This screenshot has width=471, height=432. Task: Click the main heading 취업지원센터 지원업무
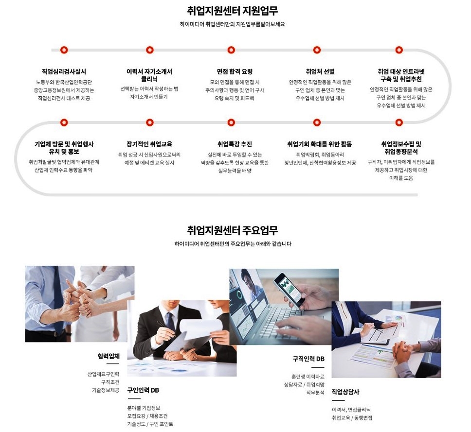(x=232, y=11)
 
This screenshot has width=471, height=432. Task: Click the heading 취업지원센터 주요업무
(x=232, y=230)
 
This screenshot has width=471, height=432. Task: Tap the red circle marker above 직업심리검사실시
(x=64, y=50)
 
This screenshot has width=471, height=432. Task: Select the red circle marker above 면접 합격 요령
(x=231, y=50)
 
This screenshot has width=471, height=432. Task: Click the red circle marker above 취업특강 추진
(x=231, y=122)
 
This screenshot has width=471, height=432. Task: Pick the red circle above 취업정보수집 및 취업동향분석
(x=399, y=122)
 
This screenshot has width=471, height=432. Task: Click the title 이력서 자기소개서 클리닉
(x=149, y=75)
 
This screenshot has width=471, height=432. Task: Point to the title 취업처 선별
(x=320, y=72)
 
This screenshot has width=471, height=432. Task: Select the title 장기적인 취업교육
(x=149, y=144)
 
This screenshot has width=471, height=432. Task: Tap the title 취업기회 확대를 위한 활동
(x=319, y=144)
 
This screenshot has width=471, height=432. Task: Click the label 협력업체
(x=109, y=356)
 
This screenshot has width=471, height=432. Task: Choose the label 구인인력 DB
(x=143, y=390)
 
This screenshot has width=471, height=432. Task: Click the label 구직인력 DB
(x=309, y=359)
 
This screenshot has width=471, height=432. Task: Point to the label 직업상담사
(x=345, y=392)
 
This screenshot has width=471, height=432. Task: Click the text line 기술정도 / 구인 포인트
(x=150, y=424)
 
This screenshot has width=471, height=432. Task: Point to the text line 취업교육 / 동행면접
(x=352, y=418)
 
